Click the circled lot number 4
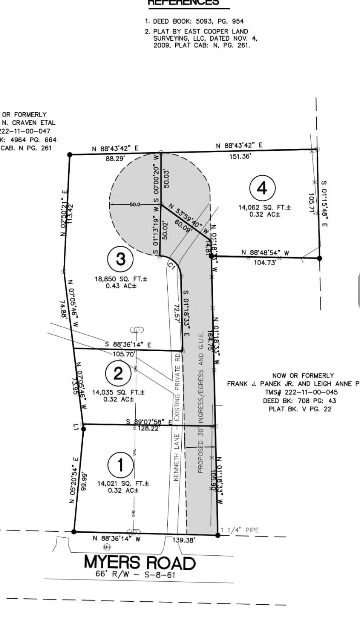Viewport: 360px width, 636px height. click(262, 188)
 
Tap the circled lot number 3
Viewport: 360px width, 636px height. click(121, 259)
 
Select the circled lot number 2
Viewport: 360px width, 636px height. click(118, 373)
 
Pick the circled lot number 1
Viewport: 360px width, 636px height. click(120, 465)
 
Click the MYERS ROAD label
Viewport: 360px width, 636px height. click(139, 563)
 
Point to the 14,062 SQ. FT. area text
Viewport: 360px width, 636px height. click(265, 207)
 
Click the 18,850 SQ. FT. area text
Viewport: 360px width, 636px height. click(121, 279)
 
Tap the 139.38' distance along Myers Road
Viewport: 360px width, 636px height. click(183, 540)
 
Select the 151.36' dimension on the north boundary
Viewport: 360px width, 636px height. click(240, 156)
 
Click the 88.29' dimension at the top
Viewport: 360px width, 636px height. click(115, 159)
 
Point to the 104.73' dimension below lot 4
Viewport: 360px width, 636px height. click(265, 263)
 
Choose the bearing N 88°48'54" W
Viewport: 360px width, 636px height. click(265, 252)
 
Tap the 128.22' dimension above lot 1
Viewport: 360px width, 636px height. click(149, 428)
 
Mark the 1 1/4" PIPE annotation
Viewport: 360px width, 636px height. click(240, 530)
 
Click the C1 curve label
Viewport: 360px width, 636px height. click(172, 266)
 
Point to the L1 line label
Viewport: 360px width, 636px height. click(76, 427)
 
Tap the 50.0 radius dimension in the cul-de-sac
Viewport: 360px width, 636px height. click(135, 205)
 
